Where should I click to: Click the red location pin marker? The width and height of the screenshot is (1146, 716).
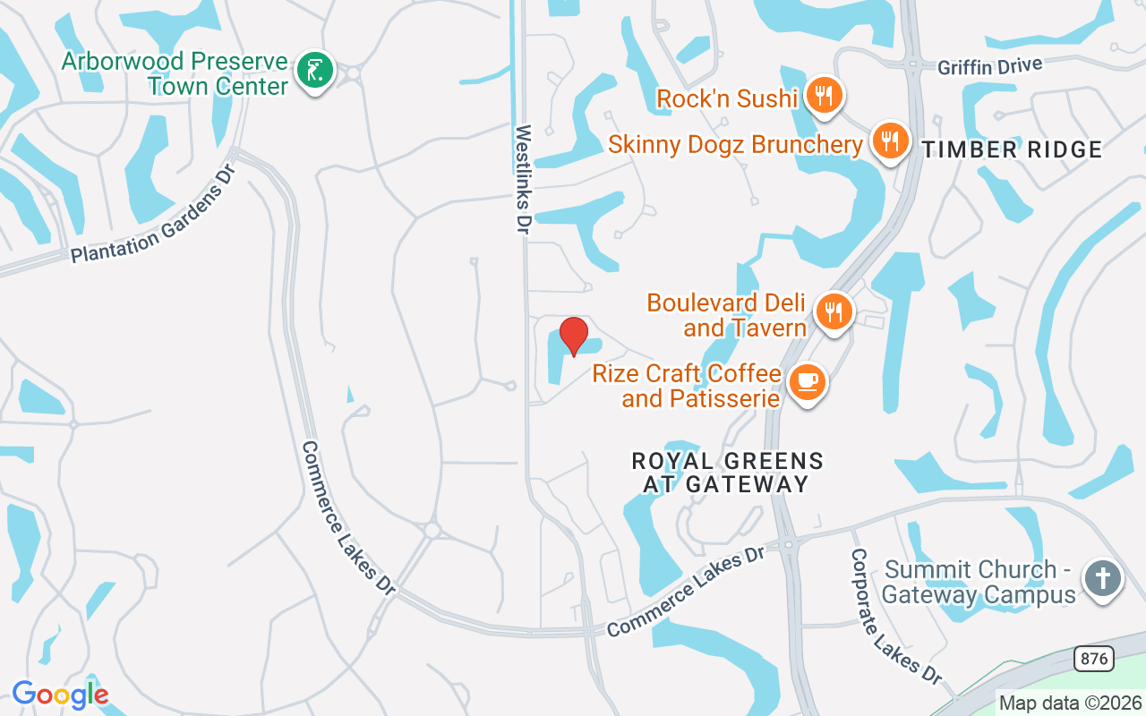coord(574,336)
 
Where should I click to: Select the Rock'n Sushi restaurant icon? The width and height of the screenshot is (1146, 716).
coord(824,95)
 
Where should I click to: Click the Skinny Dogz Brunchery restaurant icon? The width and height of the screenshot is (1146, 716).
coord(889,141)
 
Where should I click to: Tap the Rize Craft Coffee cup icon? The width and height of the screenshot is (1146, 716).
coord(808,382)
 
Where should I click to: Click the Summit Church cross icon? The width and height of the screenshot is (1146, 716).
coord(1103,578)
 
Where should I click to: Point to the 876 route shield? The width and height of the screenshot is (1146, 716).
coord(1093,660)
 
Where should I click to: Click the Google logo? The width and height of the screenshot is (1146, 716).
coord(60,694)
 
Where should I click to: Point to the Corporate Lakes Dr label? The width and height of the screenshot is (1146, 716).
coord(896,611)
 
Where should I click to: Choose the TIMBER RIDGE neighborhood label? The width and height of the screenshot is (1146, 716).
coord(1012,150)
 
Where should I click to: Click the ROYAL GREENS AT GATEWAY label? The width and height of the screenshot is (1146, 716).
coord(727,473)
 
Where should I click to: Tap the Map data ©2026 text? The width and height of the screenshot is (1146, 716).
coord(1070,703)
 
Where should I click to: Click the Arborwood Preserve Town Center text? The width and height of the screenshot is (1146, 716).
coord(175,73)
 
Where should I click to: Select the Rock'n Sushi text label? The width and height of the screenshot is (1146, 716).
coord(727,98)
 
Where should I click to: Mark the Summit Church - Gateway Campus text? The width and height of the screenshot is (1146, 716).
coord(980,582)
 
